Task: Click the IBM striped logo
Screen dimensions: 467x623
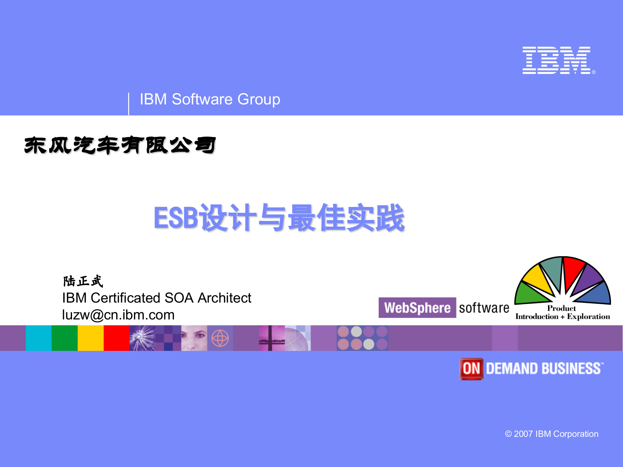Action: coord(556,60)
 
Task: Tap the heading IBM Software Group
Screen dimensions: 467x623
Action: coord(210,99)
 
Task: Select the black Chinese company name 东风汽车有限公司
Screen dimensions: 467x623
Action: coord(120,145)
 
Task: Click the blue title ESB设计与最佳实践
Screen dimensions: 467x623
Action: coord(279,218)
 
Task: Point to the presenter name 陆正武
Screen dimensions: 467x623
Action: coord(83,281)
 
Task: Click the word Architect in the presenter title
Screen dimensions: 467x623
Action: coord(225,298)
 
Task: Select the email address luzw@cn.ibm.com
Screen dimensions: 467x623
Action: coord(118,315)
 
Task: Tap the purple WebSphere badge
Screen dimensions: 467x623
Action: coord(417,307)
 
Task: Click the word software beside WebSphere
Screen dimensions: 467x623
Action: coord(484,308)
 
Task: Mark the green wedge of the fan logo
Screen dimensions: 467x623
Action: coord(528,293)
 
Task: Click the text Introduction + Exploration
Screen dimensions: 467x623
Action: coord(563,317)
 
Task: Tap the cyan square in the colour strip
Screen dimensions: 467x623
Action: coord(39,338)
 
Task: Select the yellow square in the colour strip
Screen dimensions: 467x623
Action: coord(91,338)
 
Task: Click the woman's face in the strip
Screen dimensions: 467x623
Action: coord(194,338)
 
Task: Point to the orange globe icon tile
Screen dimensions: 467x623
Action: coord(220,338)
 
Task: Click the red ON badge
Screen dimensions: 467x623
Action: coord(471,369)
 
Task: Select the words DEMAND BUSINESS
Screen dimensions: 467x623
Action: coord(544,369)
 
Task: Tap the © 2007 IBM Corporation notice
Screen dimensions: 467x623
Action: coord(552,434)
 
